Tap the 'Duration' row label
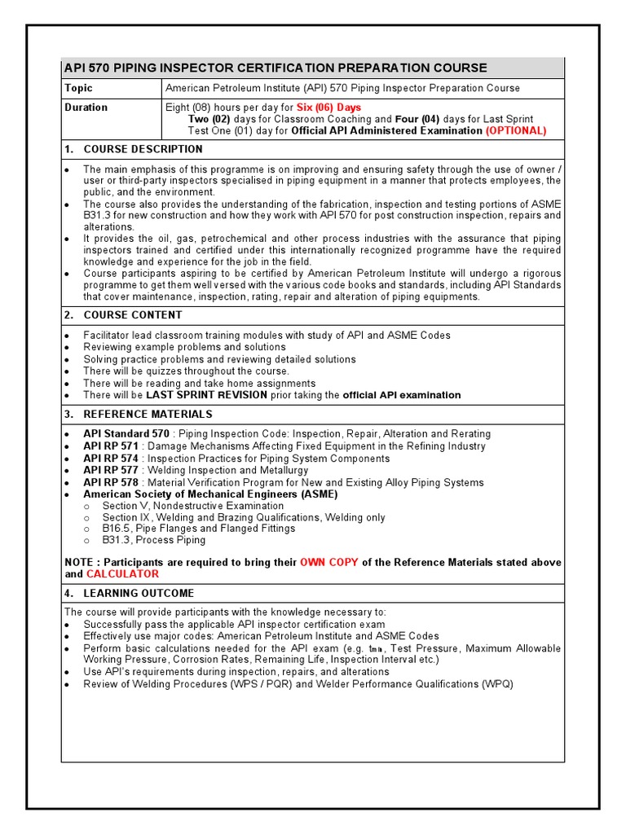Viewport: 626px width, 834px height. (x=86, y=108)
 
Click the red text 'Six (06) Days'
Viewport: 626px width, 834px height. (x=328, y=108)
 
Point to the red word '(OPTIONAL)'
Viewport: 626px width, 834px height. (x=516, y=130)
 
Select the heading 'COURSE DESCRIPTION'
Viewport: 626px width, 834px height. (x=143, y=149)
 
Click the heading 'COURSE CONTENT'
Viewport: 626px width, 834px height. (x=133, y=315)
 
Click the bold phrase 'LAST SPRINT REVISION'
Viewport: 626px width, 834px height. (x=206, y=395)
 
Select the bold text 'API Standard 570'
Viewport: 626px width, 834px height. (x=126, y=434)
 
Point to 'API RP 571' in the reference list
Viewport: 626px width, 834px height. (x=111, y=446)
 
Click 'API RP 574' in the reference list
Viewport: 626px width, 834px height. (x=111, y=459)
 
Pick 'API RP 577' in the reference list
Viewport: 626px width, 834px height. (x=111, y=470)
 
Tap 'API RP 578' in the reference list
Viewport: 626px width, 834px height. (x=111, y=482)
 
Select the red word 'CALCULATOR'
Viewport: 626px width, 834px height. (x=122, y=574)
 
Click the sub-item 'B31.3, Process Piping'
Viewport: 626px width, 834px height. (x=153, y=540)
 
